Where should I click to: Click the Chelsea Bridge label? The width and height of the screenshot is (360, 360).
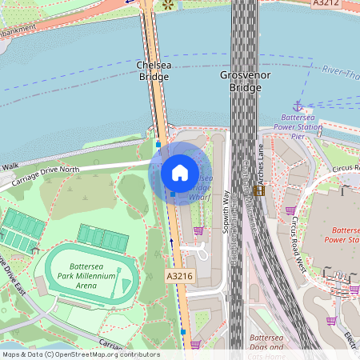[153, 70]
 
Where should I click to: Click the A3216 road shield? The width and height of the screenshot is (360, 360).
[180, 275]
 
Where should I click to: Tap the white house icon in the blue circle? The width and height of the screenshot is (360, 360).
[180, 172]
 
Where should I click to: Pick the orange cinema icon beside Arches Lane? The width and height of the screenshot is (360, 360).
[258, 190]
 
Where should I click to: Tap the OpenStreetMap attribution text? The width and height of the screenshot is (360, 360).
[80, 354]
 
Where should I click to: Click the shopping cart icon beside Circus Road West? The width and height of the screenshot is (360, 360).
[290, 210]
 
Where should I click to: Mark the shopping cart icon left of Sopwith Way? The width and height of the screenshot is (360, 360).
[198, 230]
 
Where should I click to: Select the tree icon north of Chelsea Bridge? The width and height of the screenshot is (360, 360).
[168, 5]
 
